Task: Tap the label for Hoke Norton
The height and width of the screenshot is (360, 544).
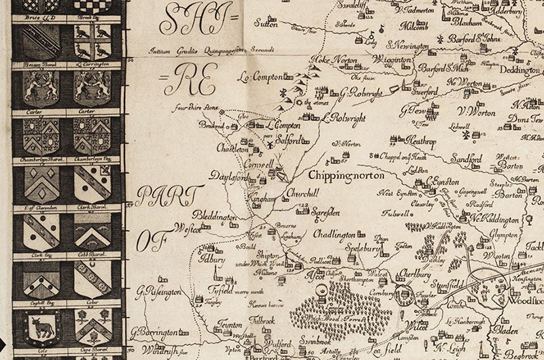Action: point(334,61)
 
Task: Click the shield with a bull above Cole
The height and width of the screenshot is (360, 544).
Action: point(38,327)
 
